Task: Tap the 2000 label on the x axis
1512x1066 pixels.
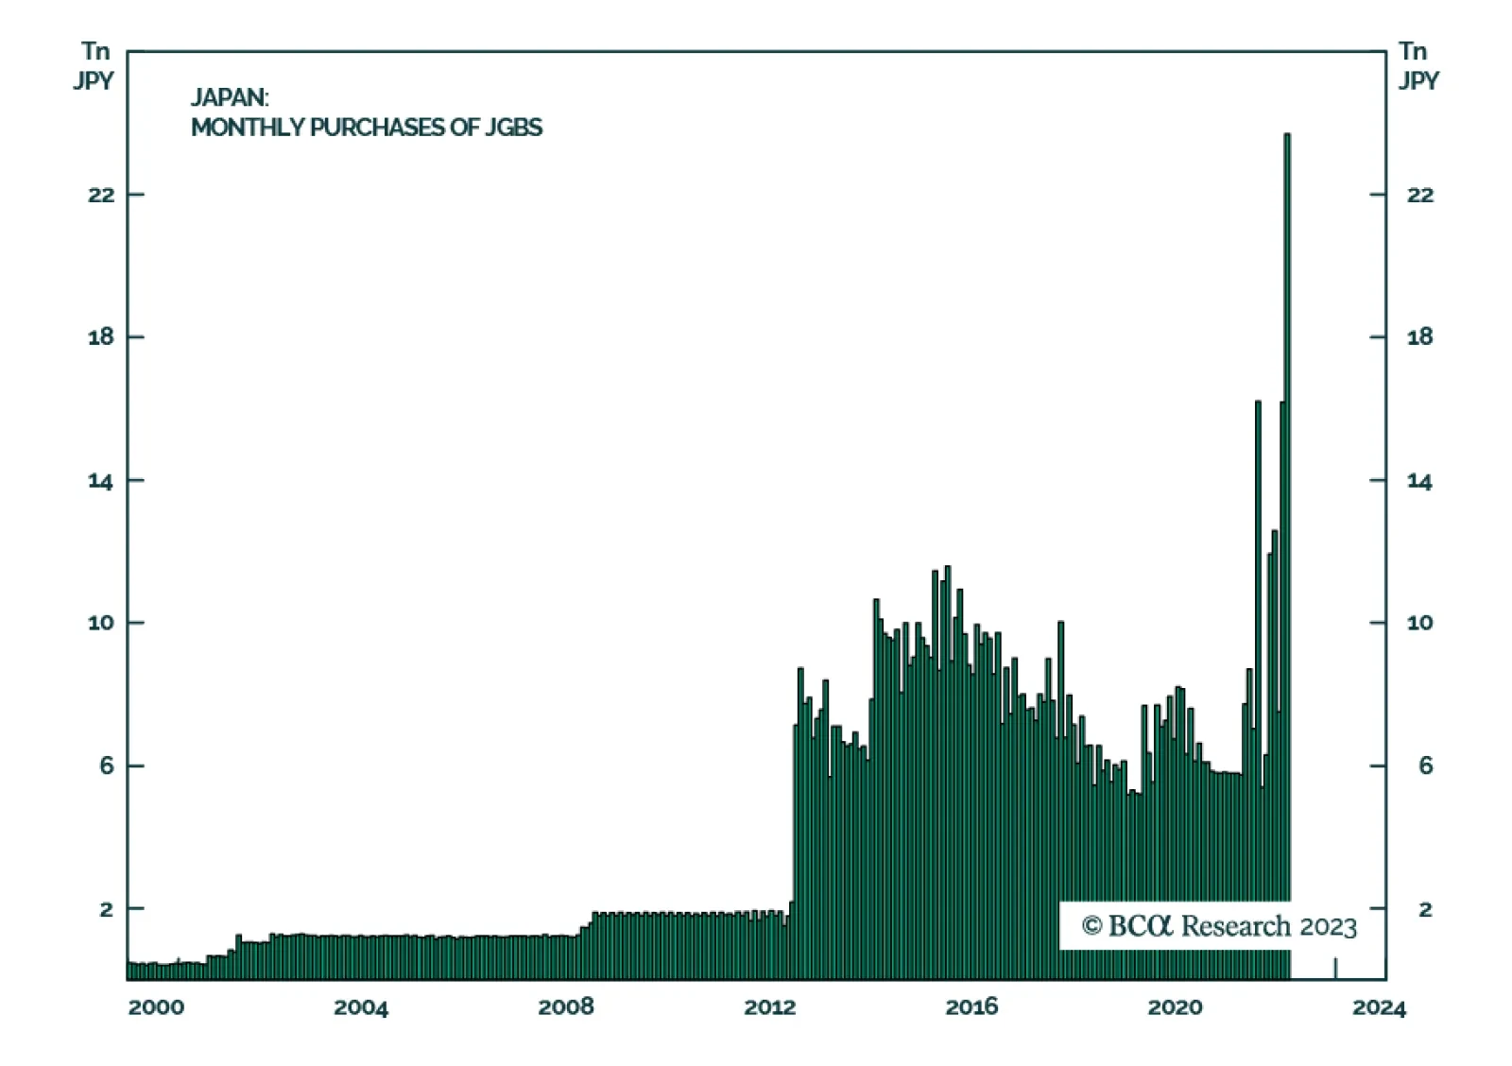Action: point(156,1007)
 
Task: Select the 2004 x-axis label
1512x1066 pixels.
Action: point(361,1007)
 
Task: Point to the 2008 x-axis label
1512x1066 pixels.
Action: point(566,1007)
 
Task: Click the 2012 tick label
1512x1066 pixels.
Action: point(770,1007)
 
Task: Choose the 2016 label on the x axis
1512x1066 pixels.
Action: point(971,1007)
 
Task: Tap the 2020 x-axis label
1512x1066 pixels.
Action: point(1176,1007)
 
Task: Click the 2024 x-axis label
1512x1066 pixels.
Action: point(1379,1007)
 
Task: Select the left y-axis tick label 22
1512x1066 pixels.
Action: point(101,195)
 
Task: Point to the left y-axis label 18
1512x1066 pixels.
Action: point(101,336)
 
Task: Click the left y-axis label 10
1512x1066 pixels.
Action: point(101,623)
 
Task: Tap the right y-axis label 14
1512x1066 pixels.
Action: point(1419,481)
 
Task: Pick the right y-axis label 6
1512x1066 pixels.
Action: point(1426,765)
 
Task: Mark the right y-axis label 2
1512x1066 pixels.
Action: point(1426,909)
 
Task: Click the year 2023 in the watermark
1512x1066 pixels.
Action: point(1329,927)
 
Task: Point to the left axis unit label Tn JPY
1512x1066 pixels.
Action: point(94,65)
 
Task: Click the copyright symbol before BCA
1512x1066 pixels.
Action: point(1092,926)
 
